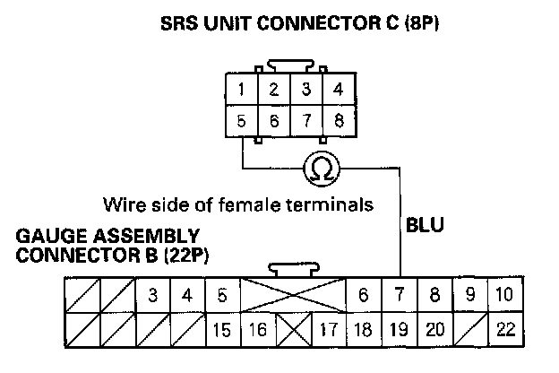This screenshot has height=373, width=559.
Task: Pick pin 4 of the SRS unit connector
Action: (338, 90)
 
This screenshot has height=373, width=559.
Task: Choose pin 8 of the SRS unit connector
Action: (338, 120)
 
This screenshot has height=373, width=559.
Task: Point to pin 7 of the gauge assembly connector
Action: (399, 295)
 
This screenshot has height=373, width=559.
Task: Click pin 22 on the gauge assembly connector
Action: (505, 329)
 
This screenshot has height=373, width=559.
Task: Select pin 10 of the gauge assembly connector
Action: (505, 295)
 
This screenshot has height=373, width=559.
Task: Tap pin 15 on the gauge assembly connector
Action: (222, 329)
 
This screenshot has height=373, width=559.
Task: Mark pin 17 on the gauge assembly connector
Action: (328, 329)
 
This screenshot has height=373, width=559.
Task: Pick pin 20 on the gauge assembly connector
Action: (434, 329)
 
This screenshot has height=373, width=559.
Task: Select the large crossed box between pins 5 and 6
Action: (293, 295)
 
